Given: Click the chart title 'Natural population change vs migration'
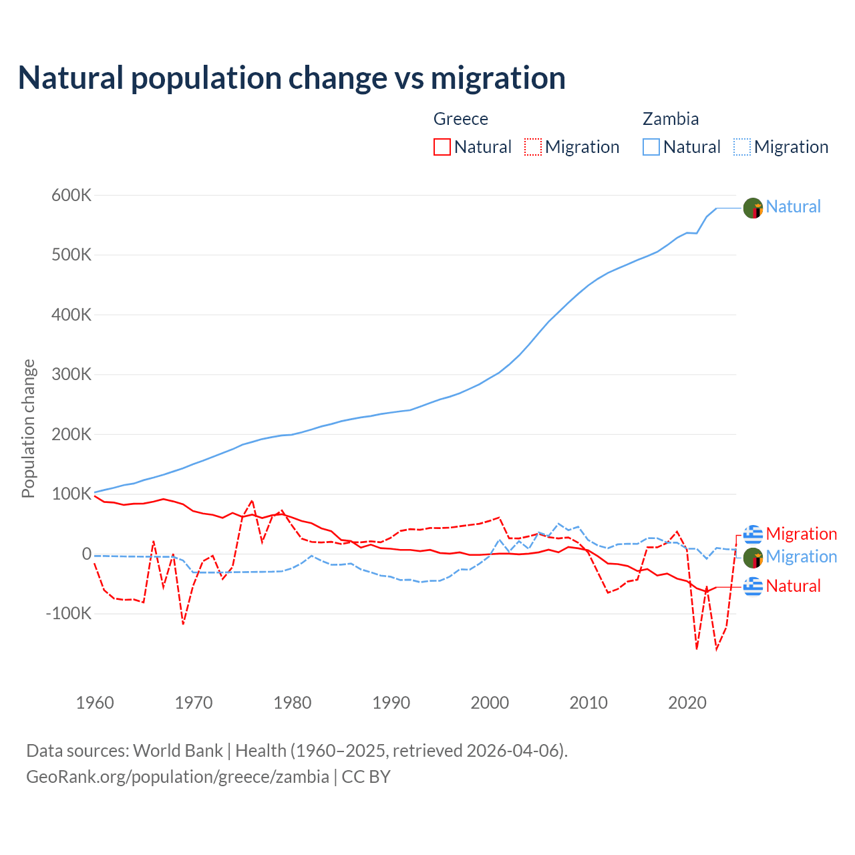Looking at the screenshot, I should (292, 78).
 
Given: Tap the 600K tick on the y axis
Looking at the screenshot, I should (71, 196).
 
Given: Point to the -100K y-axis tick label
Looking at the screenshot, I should (68, 613).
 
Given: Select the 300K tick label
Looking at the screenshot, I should (71, 375).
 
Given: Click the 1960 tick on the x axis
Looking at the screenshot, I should (95, 703).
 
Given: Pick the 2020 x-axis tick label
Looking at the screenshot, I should (687, 703).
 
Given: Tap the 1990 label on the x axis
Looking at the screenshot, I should (391, 703).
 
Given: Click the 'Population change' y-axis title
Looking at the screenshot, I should (28, 428).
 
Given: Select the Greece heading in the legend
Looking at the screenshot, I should (461, 119).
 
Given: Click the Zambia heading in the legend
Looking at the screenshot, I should (671, 119).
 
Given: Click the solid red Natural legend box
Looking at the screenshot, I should (442, 147).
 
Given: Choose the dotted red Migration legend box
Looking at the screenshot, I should (533, 147).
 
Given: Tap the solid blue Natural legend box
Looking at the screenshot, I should (651, 147).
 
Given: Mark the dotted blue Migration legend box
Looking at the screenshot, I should (742, 147).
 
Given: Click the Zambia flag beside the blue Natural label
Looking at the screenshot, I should (753, 208).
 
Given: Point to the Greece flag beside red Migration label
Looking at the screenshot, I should (753, 534).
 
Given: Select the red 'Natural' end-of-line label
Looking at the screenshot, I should (793, 586).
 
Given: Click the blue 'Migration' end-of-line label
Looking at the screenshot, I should (801, 556).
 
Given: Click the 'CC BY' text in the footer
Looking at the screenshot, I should (366, 777).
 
